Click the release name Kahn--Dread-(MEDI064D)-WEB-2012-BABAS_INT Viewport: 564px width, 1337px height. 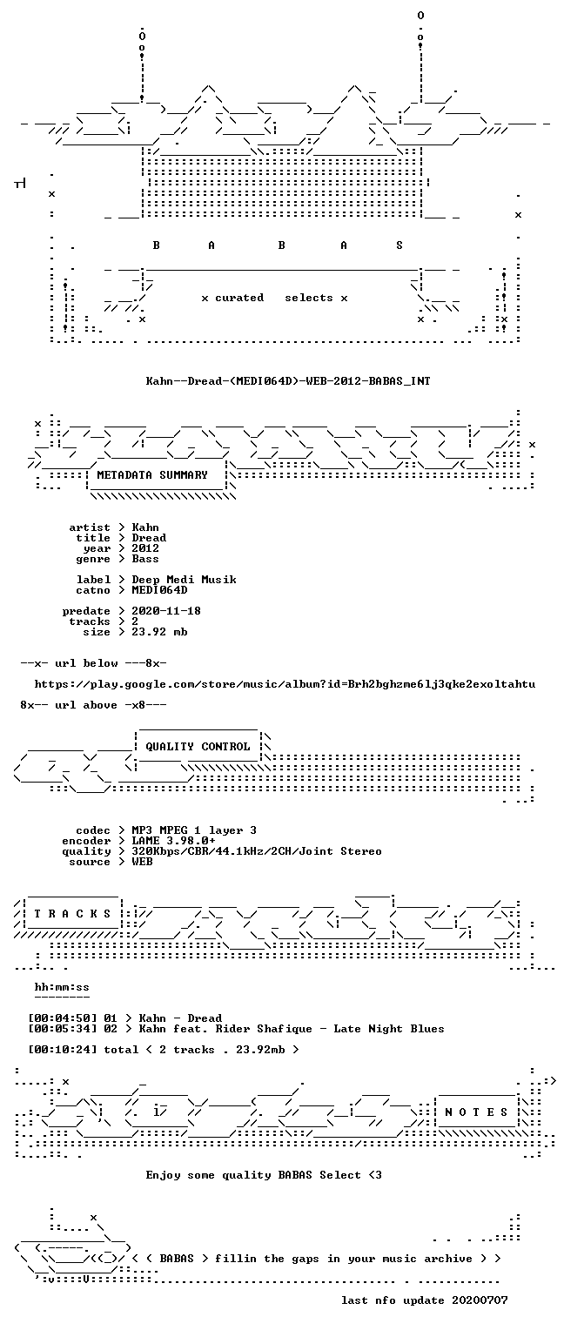tap(288, 380)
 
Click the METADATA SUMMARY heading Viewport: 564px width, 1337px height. tap(152, 475)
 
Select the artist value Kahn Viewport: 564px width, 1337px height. tap(145, 527)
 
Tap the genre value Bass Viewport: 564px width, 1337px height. tap(145, 559)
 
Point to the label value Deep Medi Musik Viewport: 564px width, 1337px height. tap(184, 580)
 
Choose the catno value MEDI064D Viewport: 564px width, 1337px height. tap(159, 590)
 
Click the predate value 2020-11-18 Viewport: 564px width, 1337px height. tap(166, 610)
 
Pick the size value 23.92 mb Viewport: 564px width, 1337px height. tap(159, 631)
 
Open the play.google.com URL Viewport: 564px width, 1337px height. tap(285, 684)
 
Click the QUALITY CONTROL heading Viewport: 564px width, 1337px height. tap(198, 747)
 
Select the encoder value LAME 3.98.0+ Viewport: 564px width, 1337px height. tap(174, 840)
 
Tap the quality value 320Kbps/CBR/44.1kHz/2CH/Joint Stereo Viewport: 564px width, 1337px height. tap(257, 851)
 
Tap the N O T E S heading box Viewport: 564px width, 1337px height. tap(476, 1112)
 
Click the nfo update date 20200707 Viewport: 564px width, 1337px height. tap(480, 1300)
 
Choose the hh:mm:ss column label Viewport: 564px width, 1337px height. tap(62, 987)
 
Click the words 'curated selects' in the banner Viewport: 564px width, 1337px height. tap(274, 298)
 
